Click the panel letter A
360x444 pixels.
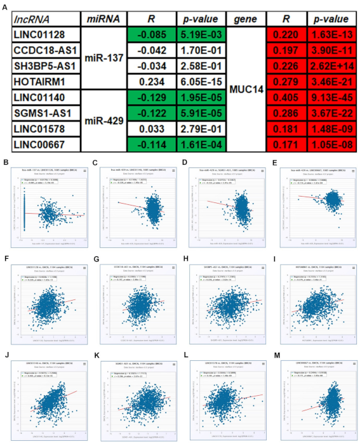click(6, 5)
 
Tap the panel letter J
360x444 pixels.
click(6, 345)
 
